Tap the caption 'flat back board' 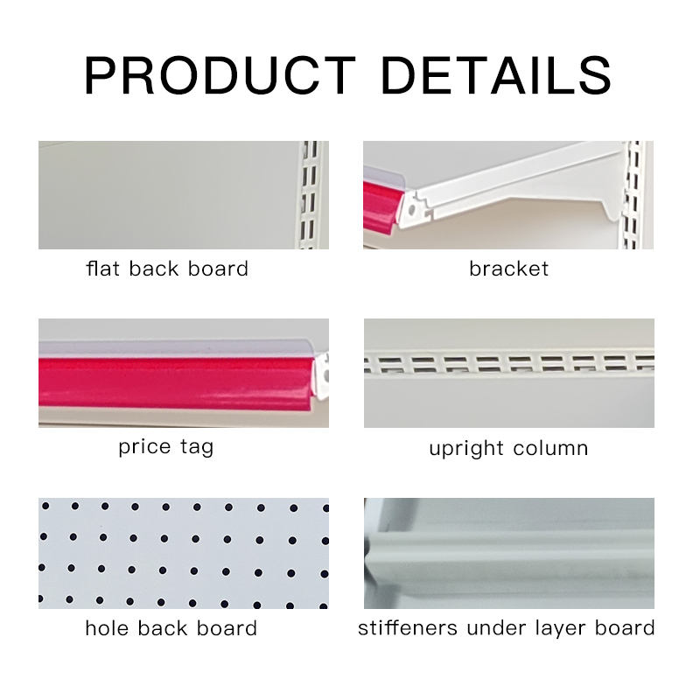click(x=167, y=269)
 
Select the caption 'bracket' click(x=508, y=269)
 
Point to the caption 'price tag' click(x=166, y=447)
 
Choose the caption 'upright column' click(x=508, y=449)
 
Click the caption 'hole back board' click(x=171, y=628)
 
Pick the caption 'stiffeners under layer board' click(x=507, y=627)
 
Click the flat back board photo click(x=166, y=194)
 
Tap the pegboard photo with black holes click(x=184, y=553)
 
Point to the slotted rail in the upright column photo click(x=508, y=361)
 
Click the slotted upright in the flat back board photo click(x=308, y=194)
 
